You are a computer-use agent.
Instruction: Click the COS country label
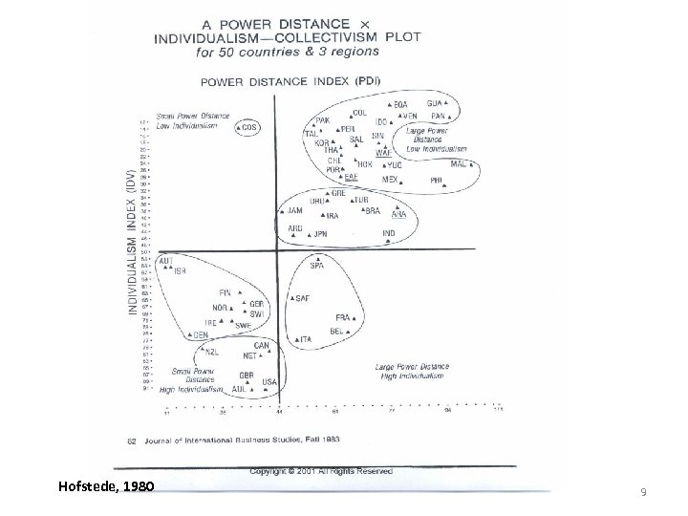click(x=249, y=126)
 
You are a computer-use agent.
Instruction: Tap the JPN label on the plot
click(x=321, y=233)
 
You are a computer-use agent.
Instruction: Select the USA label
click(x=270, y=381)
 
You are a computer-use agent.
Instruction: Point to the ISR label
click(x=181, y=270)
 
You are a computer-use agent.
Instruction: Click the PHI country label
click(x=437, y=180)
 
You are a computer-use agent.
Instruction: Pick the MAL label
click(x=459, y=163)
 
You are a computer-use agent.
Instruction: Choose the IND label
click(x=389, y=232)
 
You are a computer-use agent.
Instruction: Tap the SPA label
click(x=316, y=266)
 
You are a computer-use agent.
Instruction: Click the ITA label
click(x=306, y=339)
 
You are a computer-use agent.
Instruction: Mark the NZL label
click(x=212, y=351)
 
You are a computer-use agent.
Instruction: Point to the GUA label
click(x=435, y=103)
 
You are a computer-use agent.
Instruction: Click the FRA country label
click(x=342, y=317)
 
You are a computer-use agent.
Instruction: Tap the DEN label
click(x=201, y=335)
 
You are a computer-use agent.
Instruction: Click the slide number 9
click(x=642, y=492)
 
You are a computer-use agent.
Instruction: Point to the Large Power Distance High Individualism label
click(x=411, y=372)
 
